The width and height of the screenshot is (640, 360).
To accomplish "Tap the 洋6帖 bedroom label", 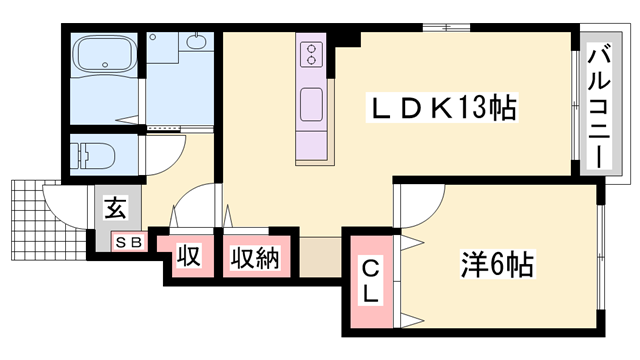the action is click(x=497, y=265).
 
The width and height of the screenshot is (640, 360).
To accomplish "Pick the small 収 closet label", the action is click(x=188, y=257).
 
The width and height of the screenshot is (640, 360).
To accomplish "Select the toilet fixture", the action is click(x=96, y=156).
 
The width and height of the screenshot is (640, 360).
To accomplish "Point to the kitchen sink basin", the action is click(x=311, y=103).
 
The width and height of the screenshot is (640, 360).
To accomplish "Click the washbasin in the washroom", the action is click(x=194, y=42).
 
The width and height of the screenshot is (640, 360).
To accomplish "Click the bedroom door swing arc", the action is click(x=419, y=205).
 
